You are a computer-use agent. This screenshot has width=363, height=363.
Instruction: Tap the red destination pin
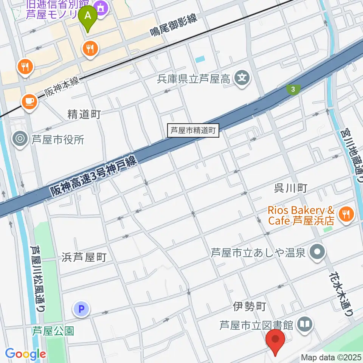(x=276, y=341)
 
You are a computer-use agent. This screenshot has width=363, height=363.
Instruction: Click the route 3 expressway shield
(x=293, y=89)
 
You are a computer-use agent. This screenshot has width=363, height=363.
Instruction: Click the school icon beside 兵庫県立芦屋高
(x=241, y=79)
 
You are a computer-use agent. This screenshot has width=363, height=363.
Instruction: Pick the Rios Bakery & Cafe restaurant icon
(x=346, y=215)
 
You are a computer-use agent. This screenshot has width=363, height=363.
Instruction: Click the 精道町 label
(x=84, y=114)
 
